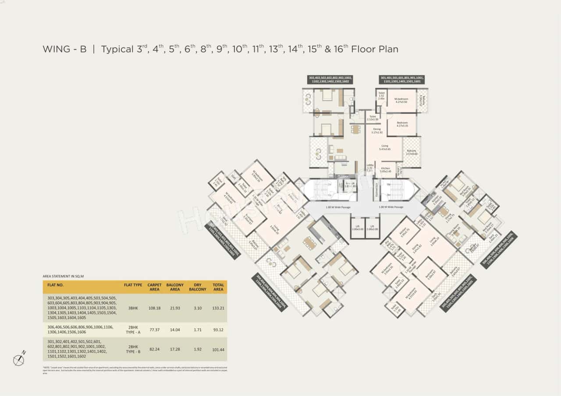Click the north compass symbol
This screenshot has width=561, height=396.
pos(19,360)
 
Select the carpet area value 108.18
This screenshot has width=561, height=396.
pos(154,308)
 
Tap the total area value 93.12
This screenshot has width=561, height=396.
pos(218,329)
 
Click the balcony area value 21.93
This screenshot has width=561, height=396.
pos(175,308)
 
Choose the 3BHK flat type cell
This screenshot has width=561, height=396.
pos(133,308)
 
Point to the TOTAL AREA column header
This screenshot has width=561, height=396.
pos(218,287)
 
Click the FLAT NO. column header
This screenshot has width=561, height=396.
pos(56,285)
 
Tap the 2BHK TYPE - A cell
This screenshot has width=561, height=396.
pos(133,329)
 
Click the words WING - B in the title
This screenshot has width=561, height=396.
pos(64,49)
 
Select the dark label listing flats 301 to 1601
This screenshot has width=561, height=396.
pos(401,80)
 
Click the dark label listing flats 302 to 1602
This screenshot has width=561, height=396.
pos(330,80)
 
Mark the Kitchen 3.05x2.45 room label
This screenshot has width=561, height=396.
pos(385,170)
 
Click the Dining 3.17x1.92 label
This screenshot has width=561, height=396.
pos(377,130)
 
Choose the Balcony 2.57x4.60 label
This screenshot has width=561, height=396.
pos(411,152)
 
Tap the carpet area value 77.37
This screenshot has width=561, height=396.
pos(154,329)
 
